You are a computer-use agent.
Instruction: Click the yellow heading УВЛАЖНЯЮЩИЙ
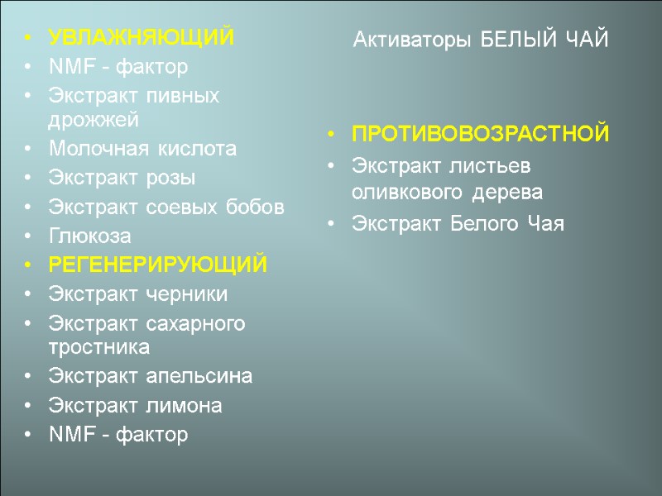pyautogui.click(x=142, y=38)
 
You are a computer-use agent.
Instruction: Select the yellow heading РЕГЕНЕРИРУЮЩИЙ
pyautogui.click(x=158, y=265)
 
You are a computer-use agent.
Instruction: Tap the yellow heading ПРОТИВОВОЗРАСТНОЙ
pyautogui.click(x=481, y=134)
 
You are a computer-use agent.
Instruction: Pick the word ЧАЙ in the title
pyautogui.click(x=588, y=39)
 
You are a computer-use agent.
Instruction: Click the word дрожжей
pyautogui.click(x=94, y=120)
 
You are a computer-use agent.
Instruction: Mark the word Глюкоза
pyautogui.click(x=89, y=236)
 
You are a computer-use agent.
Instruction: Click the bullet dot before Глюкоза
pyautogui.click(x=29, y=236)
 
